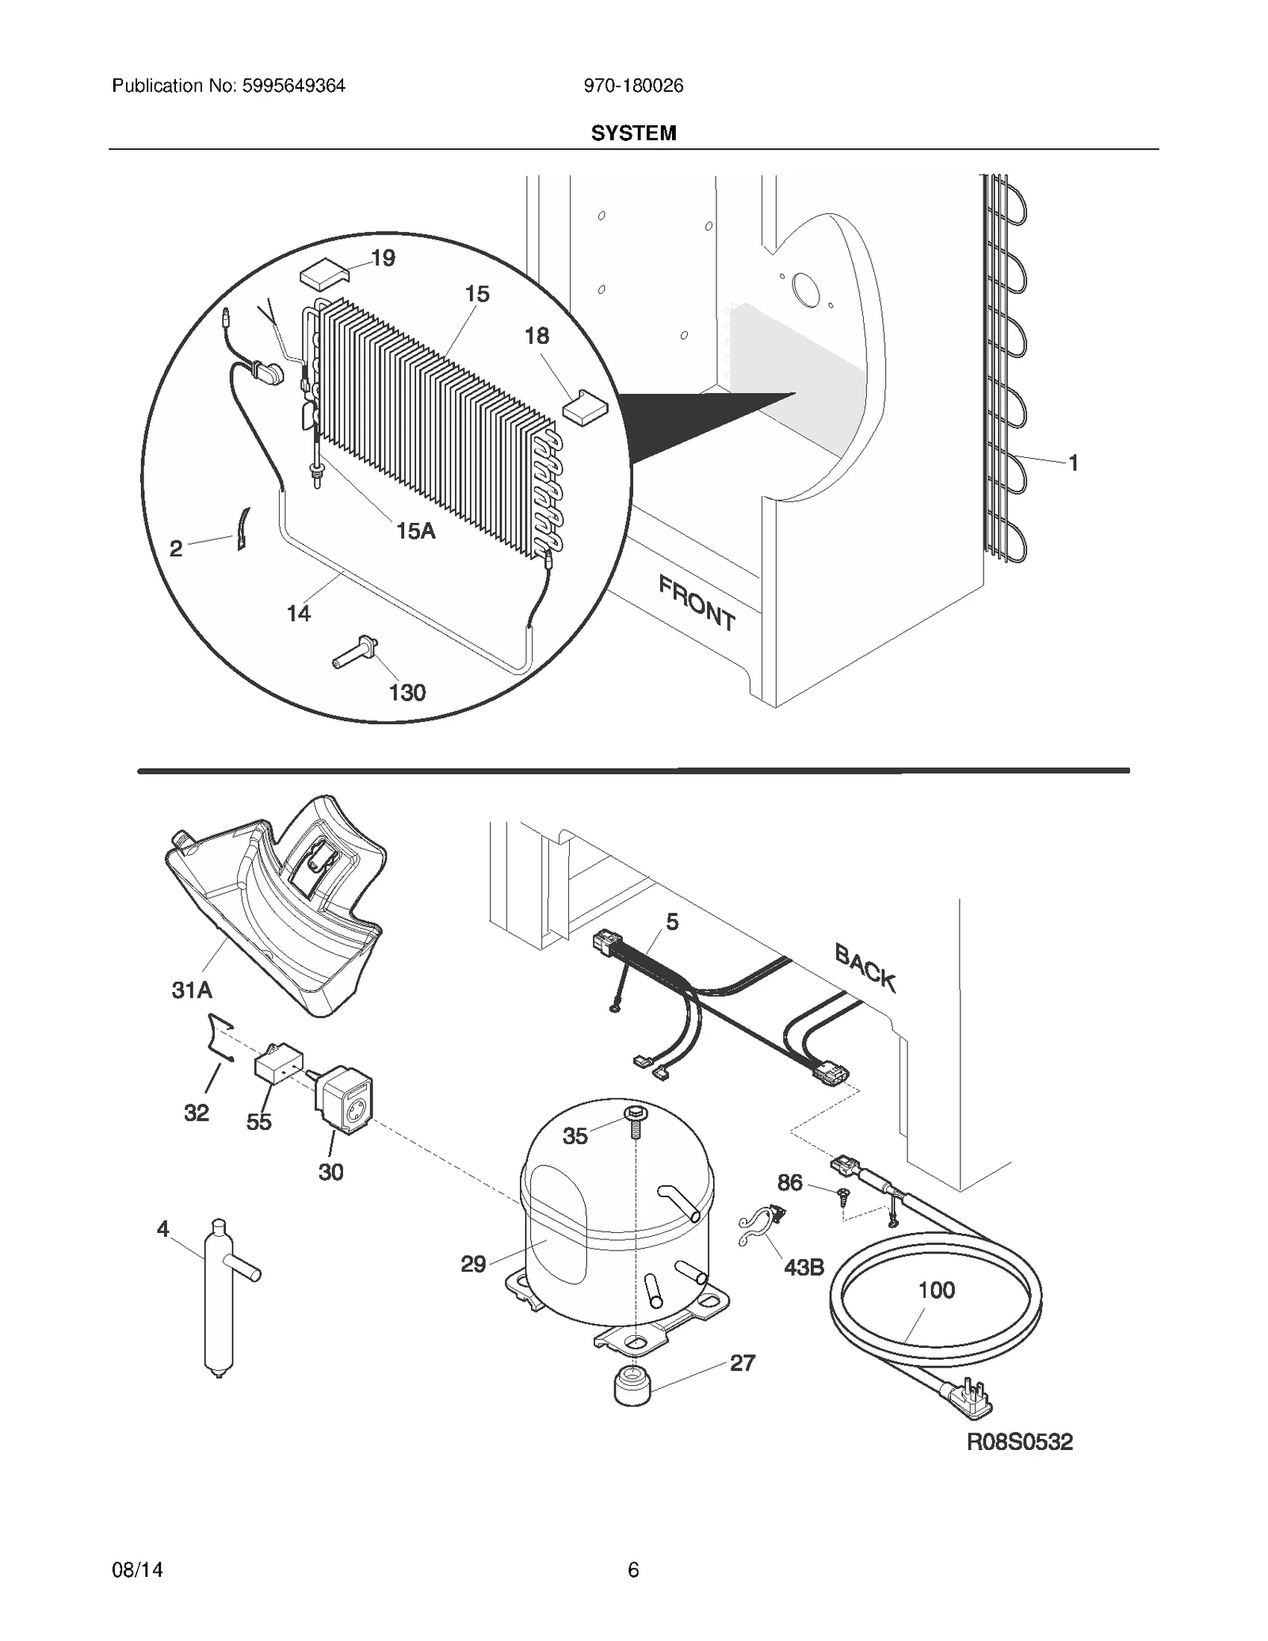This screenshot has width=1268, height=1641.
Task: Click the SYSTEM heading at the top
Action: click(x=633, y=133)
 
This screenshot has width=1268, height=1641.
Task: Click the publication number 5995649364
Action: click(x=292, y=86)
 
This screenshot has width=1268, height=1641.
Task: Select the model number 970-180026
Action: click(x=633, y=86)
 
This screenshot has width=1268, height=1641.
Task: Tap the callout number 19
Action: click(x=383, y=258)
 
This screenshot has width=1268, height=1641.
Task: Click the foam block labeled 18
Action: click(x=584, y=406)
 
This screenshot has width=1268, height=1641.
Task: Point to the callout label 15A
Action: click(x=415, y=531)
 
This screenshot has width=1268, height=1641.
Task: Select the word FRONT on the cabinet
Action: click(x=697, y=603)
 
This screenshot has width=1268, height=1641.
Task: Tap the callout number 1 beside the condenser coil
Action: click(x=1073, y=464)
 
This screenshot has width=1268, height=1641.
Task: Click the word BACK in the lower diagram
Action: click(x=865, y=968)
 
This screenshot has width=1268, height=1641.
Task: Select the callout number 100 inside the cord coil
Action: click(x=936, y=1290)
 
